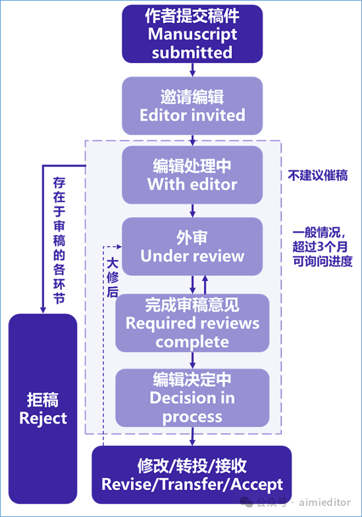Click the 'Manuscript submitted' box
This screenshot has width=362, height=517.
pyautogui.click(x=192, y=34)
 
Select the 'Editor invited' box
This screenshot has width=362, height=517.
pyautogui.click(x=192, y=105)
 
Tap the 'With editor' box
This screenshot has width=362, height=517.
pyautogui.click(x=192, y=175)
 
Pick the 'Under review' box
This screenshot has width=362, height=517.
pyautogui.click(x=192, y=246)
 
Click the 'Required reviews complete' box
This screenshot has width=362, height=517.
pyautogui.click(x=192, y=323)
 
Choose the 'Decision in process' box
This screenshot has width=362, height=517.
pyautogui.click(x=192, y=398)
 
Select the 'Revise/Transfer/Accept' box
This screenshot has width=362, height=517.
pyautogui.click(x=192, y=475)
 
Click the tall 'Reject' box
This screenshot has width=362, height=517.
pyautogui.click(x=43, y=409)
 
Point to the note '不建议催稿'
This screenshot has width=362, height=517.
pyautogui.click(x=318, y=176)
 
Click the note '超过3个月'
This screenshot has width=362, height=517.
pyautogui.click(x=320, y=247)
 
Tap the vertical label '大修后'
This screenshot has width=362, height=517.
pyautogui.click(x=113, y=278)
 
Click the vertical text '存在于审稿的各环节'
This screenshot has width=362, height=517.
pyautogui.click(x=59, y=240)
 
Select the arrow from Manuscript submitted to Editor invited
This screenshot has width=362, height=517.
pyautogui.click(x=192, y=70)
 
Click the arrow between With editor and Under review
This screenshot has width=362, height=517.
pyautogui.click(x=192, y=210)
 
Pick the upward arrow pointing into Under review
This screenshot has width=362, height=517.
pyautogui.click(x=205, y=285)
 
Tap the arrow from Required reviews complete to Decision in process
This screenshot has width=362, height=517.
pyautogui.click(x=192, y=360)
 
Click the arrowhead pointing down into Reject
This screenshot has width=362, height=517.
pyautogui.click(x=43, y=310)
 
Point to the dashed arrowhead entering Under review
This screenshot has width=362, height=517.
pyautogui.click(x=118, y=246)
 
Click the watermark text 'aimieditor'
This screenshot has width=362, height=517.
pyautogui.click(x=324, y=502)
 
